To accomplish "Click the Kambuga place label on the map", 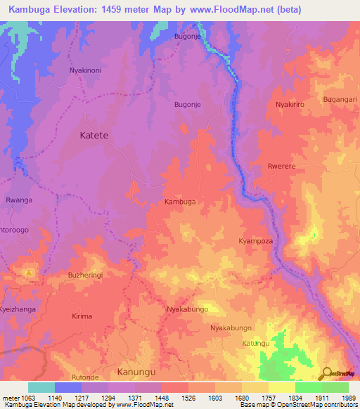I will click(x=179, y=202).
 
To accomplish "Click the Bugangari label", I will click(x=340, y=99).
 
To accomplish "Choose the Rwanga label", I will click(x=19, y=200).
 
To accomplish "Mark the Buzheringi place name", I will click(x=85, y=275).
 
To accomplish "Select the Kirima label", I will click(x=82, y=316).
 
